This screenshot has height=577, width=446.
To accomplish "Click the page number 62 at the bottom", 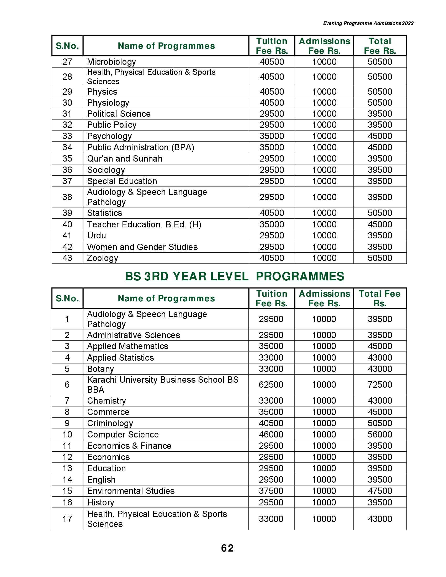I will click(x=227, y=548).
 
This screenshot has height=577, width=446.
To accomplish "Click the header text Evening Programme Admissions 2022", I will click(x=368, y=23).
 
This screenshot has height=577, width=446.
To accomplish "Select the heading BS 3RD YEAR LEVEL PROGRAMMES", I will click(x=234, y=276).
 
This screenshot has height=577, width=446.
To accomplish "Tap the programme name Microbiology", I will click(x=111, y=62).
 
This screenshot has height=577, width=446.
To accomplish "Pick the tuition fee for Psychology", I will click(x=272, y=136).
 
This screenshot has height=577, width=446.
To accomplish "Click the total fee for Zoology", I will click(x=380, y=258).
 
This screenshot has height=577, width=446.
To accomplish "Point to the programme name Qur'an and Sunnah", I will click(x=125, y=158).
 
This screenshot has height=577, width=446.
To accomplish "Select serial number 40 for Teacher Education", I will click(x=67, y=224).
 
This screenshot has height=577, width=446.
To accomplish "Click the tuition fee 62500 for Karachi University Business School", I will click(x=271, y=384).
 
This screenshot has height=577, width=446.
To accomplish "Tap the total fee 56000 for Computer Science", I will click(x=380, y=434).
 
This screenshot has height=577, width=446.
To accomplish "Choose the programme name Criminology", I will click(x=110, y=423).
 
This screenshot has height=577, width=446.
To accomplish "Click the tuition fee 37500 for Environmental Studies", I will click(x=271, y=491).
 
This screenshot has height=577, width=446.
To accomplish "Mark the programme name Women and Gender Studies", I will click(x=142, y=247).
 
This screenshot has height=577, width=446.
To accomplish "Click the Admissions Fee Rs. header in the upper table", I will click(x=324, y=46).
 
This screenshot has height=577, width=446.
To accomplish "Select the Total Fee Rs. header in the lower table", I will click(x=380, y=298).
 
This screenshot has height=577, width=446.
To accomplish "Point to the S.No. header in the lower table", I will click(x=67, y=298).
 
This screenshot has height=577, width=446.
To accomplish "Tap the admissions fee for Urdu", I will click(x=324, y=236).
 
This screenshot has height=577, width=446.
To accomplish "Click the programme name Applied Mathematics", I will click(x=128, y=346).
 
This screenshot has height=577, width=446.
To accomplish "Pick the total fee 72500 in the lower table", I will click(x=380, y=384).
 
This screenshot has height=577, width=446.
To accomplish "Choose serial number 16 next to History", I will click(x=67, y=502).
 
